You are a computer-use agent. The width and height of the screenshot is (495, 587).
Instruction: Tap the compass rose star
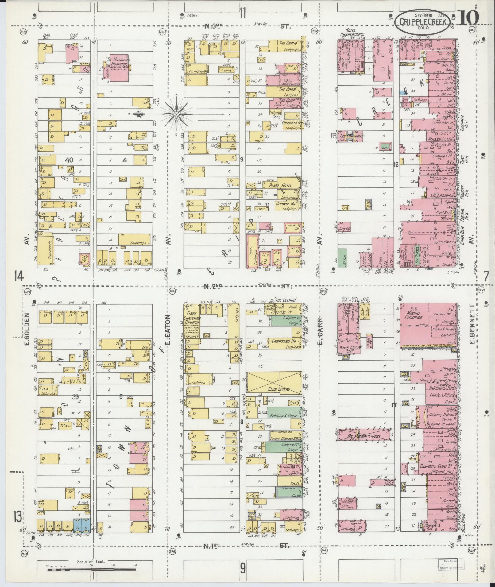(176, 114)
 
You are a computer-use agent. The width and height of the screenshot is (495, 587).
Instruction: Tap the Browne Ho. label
(285, 204)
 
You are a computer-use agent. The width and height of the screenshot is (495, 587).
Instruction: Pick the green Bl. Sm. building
(342, 259)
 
